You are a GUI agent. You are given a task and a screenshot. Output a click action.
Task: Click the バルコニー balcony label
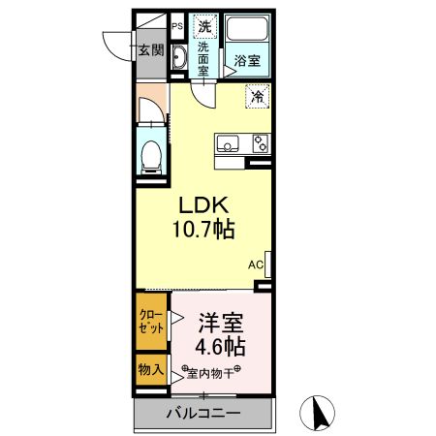coord(202,414)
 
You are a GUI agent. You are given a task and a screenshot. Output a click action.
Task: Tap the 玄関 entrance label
coord(148,50)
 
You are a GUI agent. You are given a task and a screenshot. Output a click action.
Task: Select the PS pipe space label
coord(176,27)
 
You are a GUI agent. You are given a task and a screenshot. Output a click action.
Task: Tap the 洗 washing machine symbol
coord(204,26)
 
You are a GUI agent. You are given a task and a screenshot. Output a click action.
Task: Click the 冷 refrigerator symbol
coord(257,97)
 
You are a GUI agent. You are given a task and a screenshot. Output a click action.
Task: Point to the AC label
coord(256,264)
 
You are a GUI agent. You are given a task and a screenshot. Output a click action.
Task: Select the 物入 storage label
coord(148,369)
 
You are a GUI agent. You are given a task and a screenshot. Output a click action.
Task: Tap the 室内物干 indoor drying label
coord(211,371)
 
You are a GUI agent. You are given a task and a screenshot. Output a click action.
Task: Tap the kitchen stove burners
coord(259,143)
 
